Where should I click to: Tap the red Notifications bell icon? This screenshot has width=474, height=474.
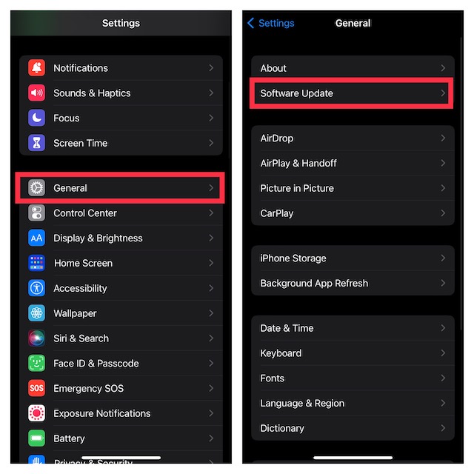click(x=36, y=68)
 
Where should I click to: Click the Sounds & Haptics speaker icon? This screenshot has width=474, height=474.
click(x=36, y=93)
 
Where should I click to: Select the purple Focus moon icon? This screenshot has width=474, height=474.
click(x=36, y=118)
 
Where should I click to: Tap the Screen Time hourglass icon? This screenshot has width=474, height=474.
click(x=36, y=143)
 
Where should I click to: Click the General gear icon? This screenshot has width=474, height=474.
click(x=36, y=188)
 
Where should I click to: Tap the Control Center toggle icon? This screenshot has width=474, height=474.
click(x=36, y=213)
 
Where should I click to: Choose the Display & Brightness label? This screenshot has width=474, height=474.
click(x=98, y=238)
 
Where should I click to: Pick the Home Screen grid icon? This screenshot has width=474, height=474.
click(x=36, y=263)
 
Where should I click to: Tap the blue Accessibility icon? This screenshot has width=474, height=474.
click(x=36, y=288)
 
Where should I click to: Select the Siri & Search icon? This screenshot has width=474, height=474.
click(x=36, y=338)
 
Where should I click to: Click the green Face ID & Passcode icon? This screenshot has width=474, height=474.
click(x=36, y=364)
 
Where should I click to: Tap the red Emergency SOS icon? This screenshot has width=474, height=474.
click(x=36, y=388)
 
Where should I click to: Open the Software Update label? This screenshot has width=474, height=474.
click(x=296, y=93)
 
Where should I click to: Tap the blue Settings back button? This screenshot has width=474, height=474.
click(x=271, y=23)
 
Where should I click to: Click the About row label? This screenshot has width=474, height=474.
click(x=273, y=68)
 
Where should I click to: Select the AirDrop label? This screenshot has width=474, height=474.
click(x=276, y=138)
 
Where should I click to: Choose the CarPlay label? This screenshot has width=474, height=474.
click(x=277, y=213)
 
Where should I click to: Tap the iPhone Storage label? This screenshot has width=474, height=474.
click(x=293, y=258)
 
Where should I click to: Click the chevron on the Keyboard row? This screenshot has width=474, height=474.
click(x=443, y=353)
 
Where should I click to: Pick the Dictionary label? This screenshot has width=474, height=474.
click(x=282, y=428)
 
